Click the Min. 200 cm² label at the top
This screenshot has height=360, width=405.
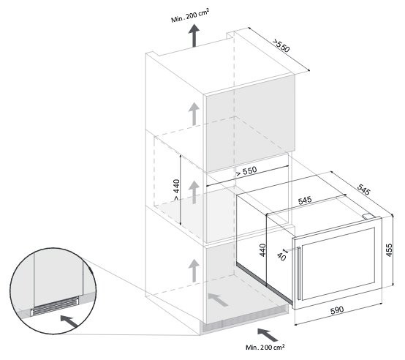190,15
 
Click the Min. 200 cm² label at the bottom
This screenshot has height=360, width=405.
265,347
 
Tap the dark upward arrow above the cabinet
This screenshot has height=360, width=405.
194,35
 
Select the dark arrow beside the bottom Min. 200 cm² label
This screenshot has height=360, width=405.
268,334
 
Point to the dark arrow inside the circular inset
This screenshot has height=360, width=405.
69,321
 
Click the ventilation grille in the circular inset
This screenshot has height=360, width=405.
55,306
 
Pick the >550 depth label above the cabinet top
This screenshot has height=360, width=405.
281,45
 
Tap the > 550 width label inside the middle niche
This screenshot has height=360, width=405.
246,171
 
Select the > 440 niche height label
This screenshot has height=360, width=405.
176,190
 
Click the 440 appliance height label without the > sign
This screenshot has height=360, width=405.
262,250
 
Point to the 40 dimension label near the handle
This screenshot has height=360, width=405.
281,257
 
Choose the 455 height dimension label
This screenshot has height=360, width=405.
389,250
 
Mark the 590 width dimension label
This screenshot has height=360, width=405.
337,310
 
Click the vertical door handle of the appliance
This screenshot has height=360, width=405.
299,273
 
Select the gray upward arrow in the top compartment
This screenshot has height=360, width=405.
194,114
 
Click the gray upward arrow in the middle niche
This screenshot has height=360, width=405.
194,192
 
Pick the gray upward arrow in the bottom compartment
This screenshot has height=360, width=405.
194,271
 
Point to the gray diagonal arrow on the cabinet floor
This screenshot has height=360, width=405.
217,299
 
